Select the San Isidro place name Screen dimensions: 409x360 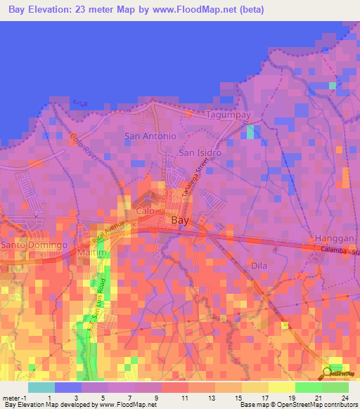click(200, 152)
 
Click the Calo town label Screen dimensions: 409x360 click(145, 211)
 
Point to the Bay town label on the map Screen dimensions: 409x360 click(180, 220)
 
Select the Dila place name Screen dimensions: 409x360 click(259, 266)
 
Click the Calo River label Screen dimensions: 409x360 click(82, 144)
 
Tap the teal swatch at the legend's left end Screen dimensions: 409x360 click(41, 387)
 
